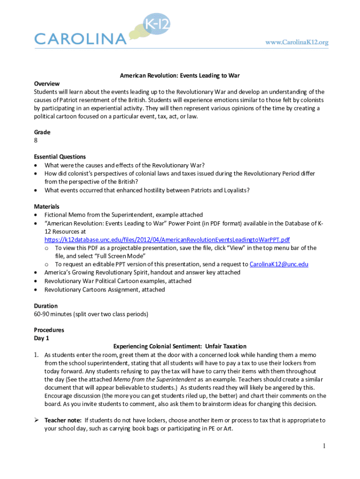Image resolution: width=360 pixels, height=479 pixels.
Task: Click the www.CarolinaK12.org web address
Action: point(297,42)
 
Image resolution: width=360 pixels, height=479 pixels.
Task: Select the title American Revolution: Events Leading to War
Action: point(180,75)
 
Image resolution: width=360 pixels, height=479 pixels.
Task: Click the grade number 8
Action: point(36,140)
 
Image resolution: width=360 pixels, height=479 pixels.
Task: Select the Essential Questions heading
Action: point(60,157)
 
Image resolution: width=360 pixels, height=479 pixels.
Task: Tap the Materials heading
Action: point(47,206)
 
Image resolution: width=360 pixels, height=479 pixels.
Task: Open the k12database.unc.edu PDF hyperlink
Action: point(167,239)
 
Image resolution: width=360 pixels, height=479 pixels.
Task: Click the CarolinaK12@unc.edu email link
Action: point(279,264)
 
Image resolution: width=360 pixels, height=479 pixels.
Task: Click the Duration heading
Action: point(46,306)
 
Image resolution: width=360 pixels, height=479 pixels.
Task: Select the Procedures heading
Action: point(49,330)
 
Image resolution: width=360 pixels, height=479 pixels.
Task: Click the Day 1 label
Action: point(42,338)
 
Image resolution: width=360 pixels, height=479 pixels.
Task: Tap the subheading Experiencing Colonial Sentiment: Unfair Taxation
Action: point(180,347)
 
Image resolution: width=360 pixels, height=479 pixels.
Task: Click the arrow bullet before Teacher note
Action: point(37,421)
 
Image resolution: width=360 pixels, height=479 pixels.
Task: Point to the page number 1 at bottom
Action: point(324,447)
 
